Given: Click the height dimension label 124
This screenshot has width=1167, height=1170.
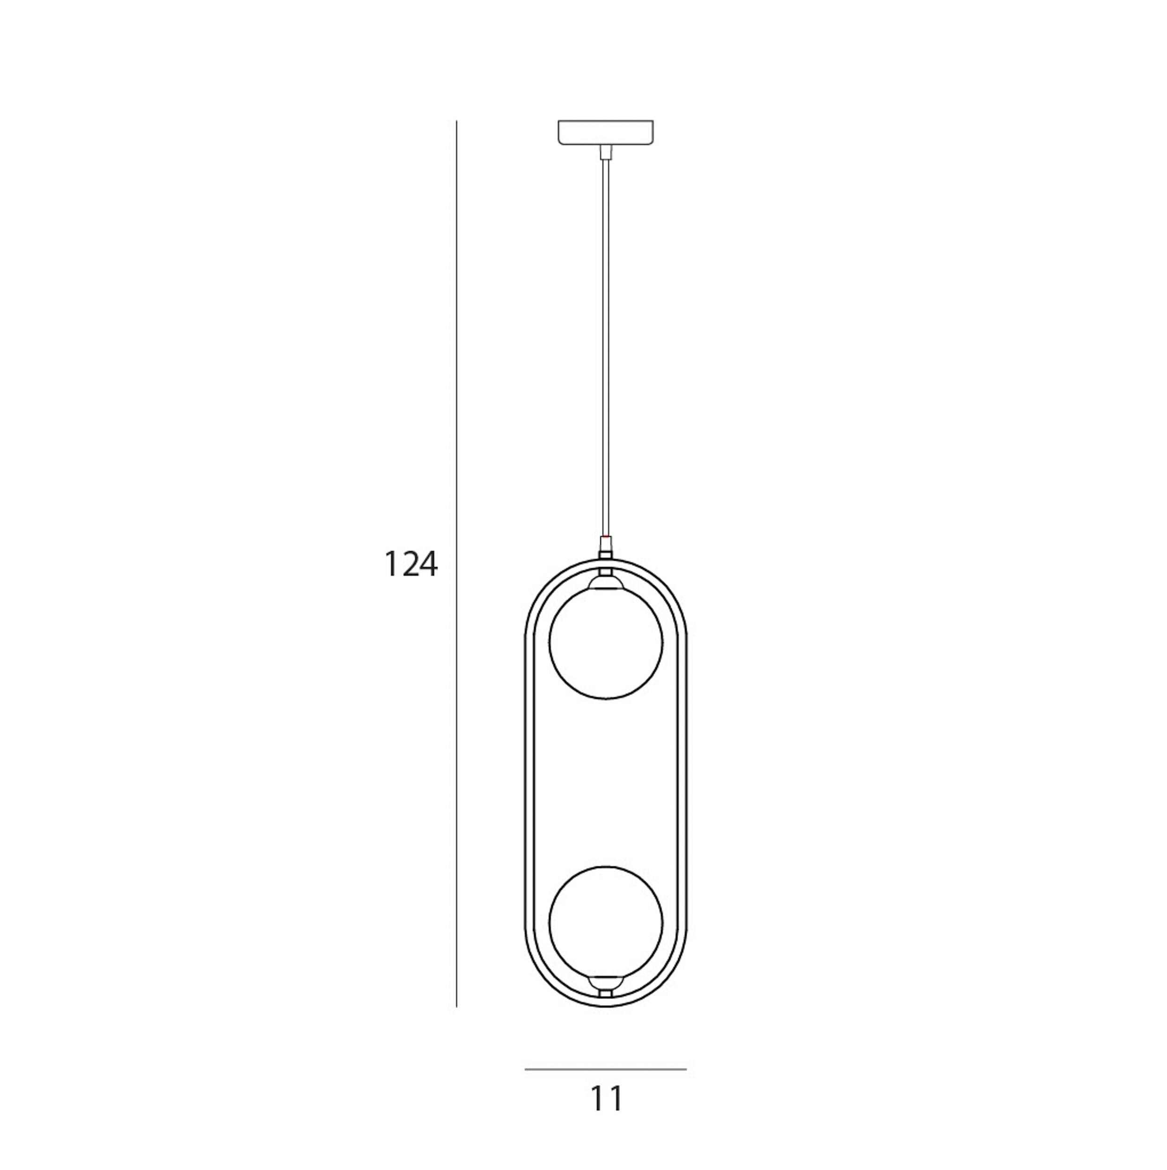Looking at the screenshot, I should pos(411,564).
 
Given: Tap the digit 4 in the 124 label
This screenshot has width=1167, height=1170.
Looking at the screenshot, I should pos(426,564).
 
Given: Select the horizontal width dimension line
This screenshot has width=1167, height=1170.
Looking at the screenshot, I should pos(606,1069).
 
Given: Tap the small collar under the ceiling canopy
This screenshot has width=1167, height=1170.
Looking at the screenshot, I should pos(605,152).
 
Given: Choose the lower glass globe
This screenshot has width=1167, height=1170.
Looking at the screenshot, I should pos(606,921).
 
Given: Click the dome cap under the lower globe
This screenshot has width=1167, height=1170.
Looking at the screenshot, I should pos(606,981).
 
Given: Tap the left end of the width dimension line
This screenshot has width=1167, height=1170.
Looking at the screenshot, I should pos(526,1069).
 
